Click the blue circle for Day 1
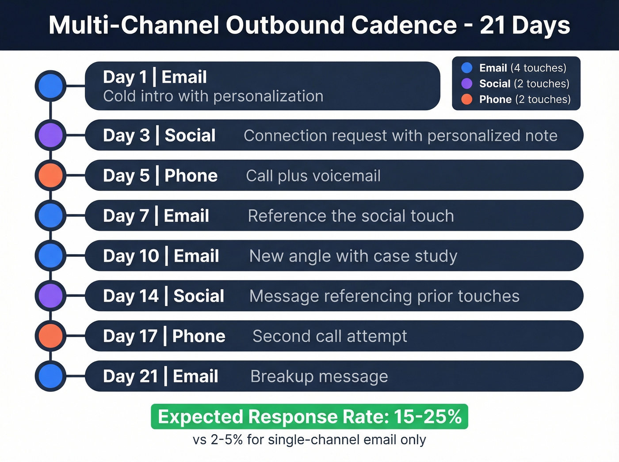click(51, 86)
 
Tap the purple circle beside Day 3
click(51, 135)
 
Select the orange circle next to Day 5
click(51, 175)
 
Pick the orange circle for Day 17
click(51, 336)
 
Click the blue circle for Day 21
click(51, 376)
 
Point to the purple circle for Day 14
click(51, 295)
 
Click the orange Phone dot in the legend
click(467, 99)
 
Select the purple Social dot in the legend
click(467, 84)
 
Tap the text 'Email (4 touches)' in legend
click(523, 68)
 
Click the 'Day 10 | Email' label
click(161, 256)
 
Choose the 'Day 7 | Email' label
click(156, 216)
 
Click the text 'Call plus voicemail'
click(313, 176)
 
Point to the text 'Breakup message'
click(319, 376)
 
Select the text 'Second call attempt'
click(329, 336)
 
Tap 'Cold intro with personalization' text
click(213, 96)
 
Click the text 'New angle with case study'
click(353, 256)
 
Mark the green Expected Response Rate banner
click(309, 416)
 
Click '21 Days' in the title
click(525, 25)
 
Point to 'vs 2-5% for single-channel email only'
click(309, 439)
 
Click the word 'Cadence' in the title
click(404, 25)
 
